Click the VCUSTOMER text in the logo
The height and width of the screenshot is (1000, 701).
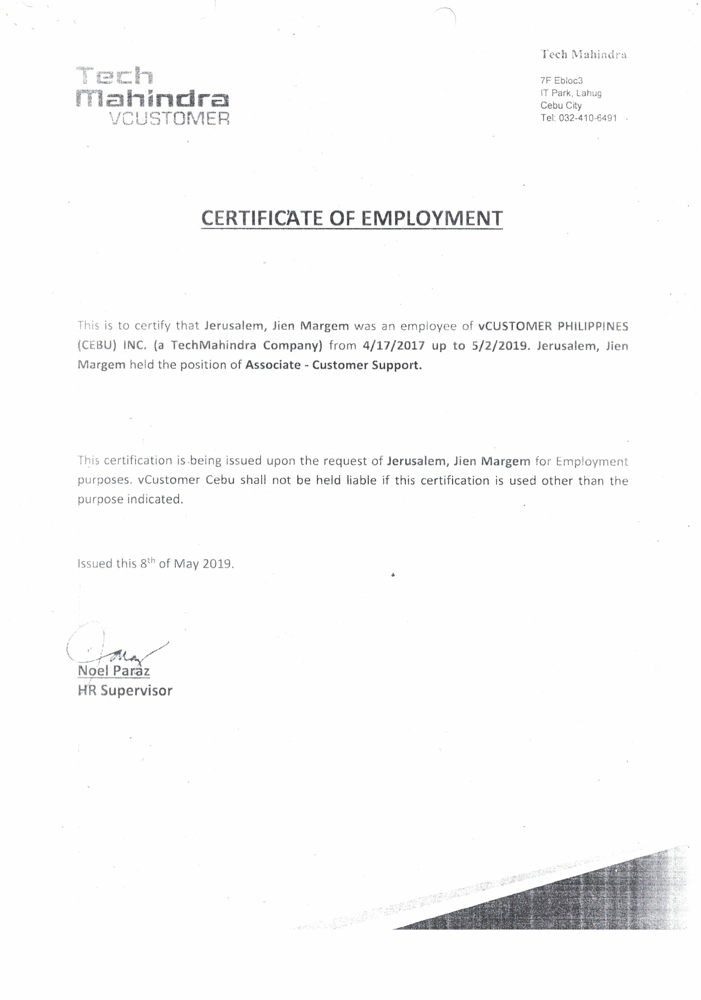(169, 118)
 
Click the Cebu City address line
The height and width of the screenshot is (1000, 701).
(561, 105)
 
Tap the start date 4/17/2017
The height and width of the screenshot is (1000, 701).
(393, 346)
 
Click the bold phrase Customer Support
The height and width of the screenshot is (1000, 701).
(367, 365)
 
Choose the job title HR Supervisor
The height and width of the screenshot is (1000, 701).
(125, 691)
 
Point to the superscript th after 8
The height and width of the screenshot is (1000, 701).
(151, 560)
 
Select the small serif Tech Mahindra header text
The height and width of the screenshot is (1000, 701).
(583, 54)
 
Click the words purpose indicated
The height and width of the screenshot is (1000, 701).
(130, 500)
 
